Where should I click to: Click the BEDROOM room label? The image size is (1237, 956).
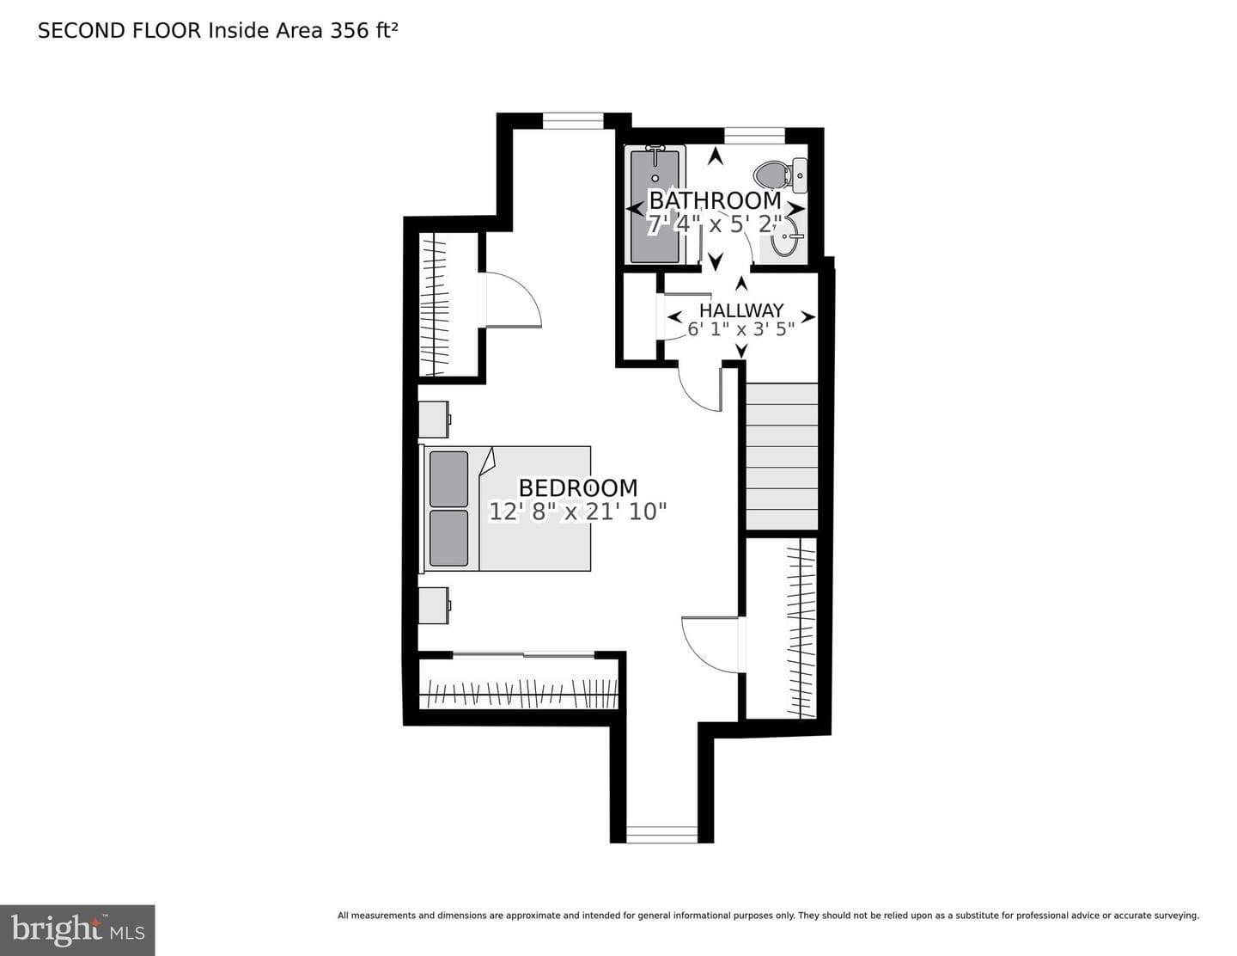[x=578, y=488]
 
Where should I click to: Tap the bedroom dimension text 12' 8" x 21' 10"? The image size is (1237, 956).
[x=578, y=512]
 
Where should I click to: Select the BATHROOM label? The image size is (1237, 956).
[x=715, y=200]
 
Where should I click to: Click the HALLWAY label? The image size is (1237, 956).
[x=741, y=310]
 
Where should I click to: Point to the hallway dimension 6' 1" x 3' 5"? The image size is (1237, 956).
[x=741, y=329]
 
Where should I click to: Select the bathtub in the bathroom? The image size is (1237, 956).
[x=655, y=204]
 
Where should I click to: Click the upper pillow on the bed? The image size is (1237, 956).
[x=448, y=479]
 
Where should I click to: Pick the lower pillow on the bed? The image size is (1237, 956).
[x=448, y=538]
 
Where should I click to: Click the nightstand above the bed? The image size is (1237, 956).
[x=435, y=420]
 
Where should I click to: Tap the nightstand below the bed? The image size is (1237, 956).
[x=435, y=605]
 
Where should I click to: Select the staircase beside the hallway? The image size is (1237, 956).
[x=782, y=457]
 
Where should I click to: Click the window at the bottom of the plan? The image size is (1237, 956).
[x=662, y=834]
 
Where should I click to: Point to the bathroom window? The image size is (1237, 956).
[x=754, y=136]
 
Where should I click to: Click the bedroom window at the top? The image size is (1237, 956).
[x=573, y=120]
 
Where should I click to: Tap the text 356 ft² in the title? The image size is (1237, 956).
[x=363, y=30]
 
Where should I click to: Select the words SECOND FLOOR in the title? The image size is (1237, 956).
[x=119, y=31]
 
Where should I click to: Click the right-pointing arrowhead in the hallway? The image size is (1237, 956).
[x=808, y=316]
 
